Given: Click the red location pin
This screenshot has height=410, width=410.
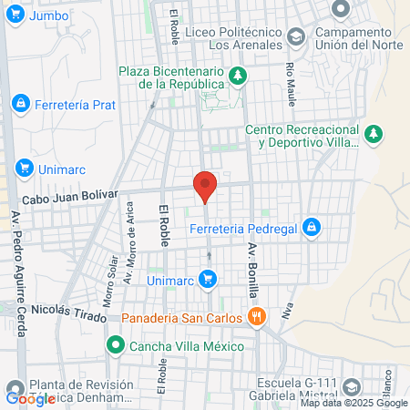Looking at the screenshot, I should pyautogui.click(x=206, y=186).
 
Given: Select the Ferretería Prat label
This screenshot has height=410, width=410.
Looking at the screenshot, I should pyautogui.click(x=76, y=105).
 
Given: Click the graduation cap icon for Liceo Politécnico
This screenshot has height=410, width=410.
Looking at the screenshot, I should pyautogui.click(x=296, y=37).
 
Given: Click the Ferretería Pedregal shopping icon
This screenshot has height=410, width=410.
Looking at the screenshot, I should pyautogui.click(x=312, y=226).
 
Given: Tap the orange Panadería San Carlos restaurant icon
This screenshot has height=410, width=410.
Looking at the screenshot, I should pyautogui.click(x=258, y=317).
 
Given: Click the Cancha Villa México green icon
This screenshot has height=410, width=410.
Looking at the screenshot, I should pyautogui.click(x=115, y=346).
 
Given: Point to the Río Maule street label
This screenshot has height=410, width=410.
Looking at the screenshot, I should pyautogui.click(x=291, y=72).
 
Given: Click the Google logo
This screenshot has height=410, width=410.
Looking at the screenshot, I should pyautogui.click(x=30, y=398).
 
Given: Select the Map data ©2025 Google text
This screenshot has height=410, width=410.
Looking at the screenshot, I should pyautogui.click(x=354, y=403).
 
